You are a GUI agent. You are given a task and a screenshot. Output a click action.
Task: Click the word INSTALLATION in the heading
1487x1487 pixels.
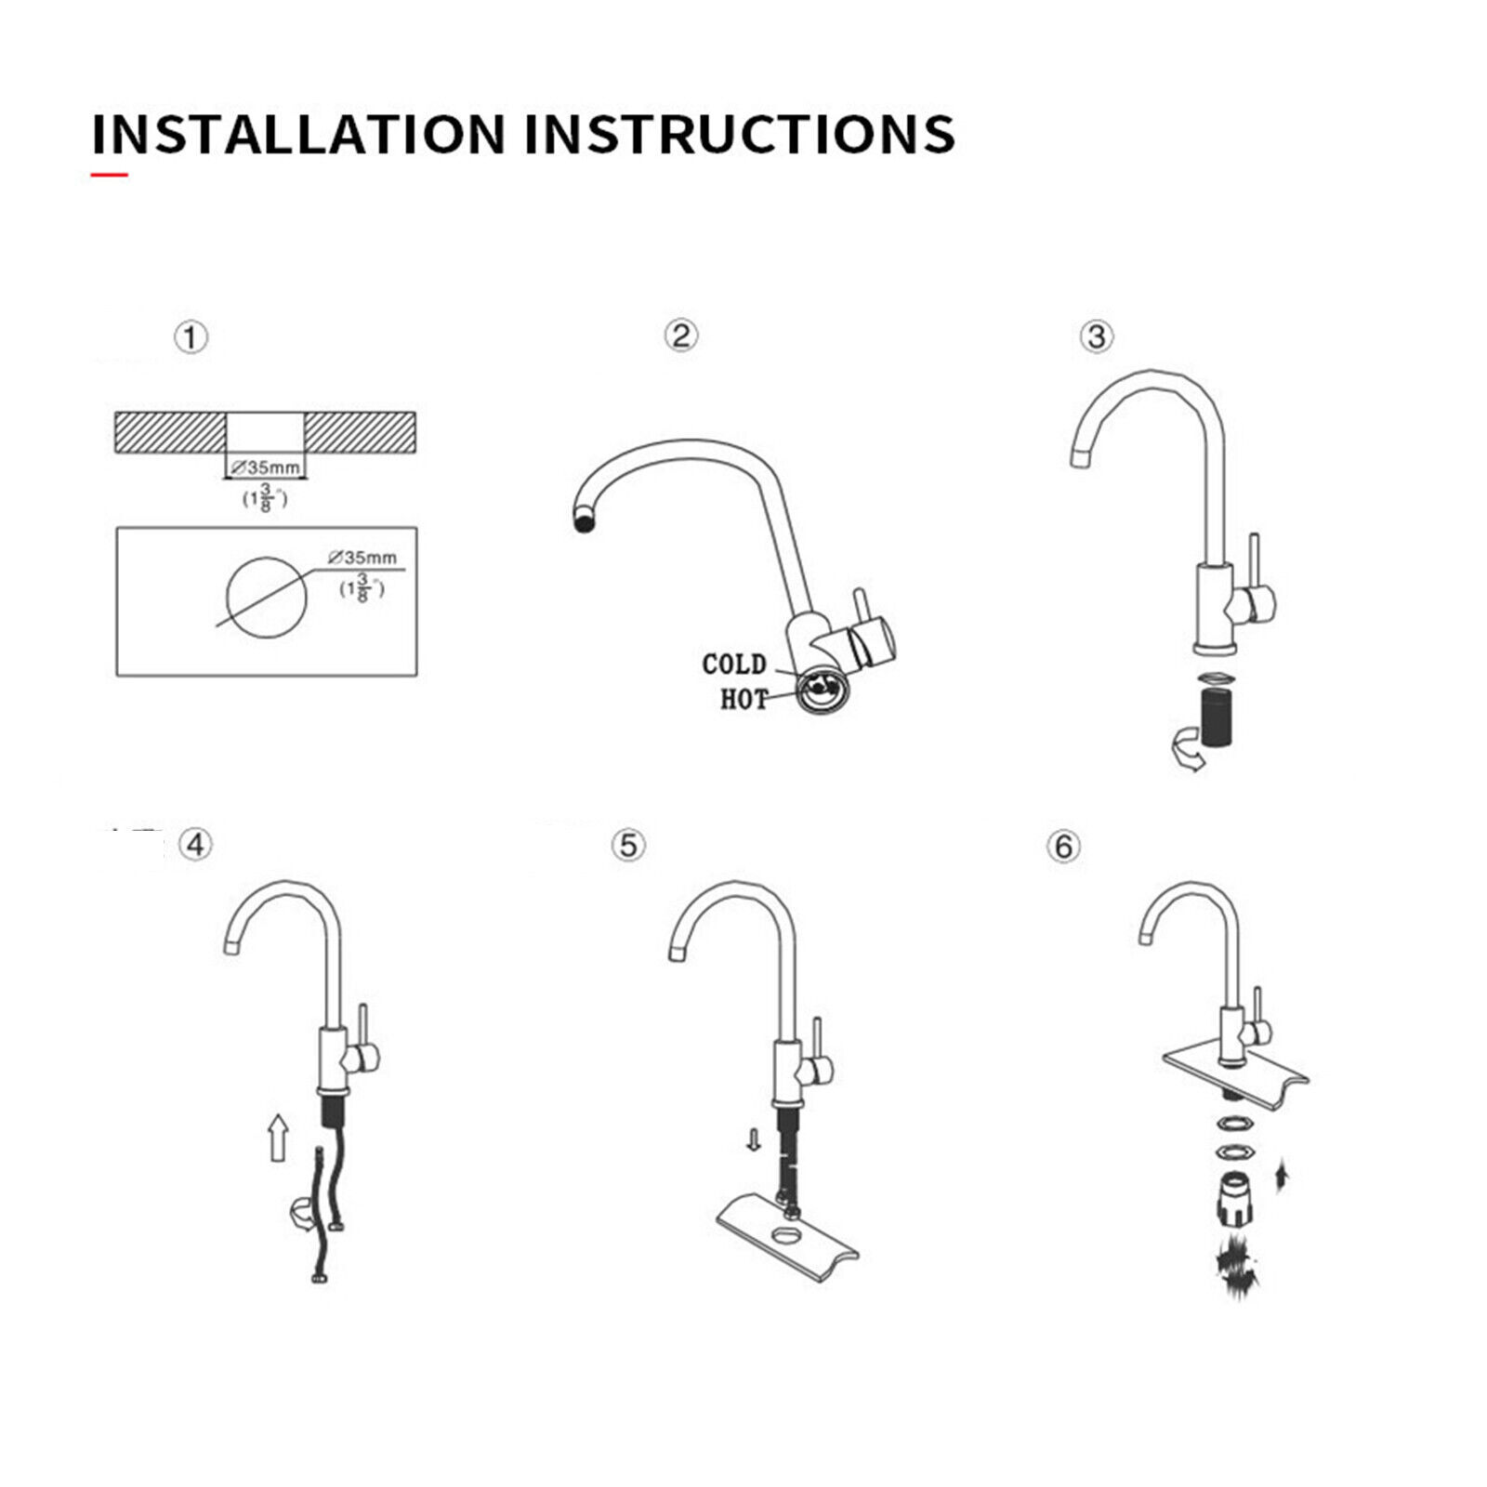coord(298,134)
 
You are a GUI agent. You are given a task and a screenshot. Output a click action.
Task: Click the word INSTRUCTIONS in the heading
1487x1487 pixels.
coord(740,134)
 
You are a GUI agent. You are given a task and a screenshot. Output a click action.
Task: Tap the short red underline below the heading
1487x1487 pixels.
coord(109,174)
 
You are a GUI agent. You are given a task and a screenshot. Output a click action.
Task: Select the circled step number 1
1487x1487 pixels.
coord(191,337)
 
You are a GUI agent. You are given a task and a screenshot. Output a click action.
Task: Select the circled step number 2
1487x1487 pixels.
coord(681,336)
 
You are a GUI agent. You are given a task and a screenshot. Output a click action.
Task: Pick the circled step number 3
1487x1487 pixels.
coord(1097,336)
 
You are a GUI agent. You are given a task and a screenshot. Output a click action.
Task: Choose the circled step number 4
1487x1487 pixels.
coord(195,845)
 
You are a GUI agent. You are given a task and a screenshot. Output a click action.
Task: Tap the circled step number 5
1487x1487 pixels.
coord(629,846)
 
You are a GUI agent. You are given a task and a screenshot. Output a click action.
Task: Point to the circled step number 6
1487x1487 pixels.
coord(1064,847)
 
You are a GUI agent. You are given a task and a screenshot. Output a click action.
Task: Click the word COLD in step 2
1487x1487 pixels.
coord(734,665)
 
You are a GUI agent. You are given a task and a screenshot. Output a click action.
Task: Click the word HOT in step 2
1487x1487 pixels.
coord(744,699)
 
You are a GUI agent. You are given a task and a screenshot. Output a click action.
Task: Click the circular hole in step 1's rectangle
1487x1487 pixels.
coord(267,598)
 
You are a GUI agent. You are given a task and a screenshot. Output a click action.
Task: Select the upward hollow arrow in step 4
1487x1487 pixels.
coord(277,1138)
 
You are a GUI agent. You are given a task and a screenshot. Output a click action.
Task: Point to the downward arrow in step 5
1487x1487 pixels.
coord(754,1140)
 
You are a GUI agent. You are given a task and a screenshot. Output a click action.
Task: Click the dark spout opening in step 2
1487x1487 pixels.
coord(586,523)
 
